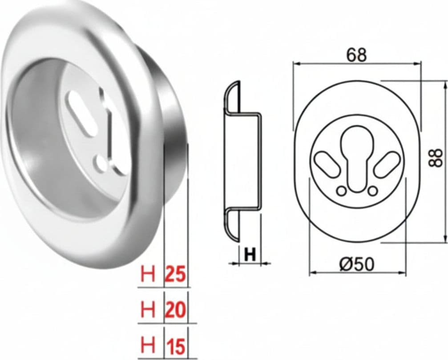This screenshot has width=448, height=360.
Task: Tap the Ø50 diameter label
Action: click(356, 264)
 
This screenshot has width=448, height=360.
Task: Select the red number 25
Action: click(176, 274)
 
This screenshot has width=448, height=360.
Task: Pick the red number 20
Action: click(176, 310)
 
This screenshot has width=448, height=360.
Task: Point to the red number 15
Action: click(176, 347)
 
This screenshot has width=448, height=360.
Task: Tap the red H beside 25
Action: click(148, 274)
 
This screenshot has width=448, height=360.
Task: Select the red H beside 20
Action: click(148, 310)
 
